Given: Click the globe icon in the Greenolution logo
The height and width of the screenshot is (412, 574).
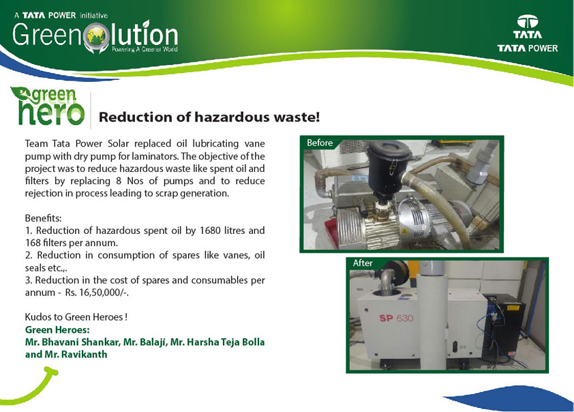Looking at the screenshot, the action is (x=97, y=36).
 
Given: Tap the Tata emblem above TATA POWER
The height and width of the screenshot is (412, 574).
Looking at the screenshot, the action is (x=527, y=22).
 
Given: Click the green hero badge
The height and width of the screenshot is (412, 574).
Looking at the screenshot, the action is (x=48, y=106).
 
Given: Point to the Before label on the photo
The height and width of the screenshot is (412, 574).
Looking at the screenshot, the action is (x=320, y=143).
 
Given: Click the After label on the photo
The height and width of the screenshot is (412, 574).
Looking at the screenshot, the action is (x=363, y=263).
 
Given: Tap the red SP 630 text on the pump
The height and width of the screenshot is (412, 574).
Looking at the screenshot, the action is (x=396, y=318).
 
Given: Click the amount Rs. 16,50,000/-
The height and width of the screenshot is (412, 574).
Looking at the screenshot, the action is (x=97, y=293).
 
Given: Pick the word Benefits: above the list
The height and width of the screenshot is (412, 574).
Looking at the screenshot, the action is (x=43, y=218).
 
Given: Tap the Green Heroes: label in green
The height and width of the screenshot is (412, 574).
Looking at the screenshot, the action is (x=57, y=329).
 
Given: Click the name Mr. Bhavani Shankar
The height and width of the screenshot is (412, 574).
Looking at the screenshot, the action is (x=72, y=342).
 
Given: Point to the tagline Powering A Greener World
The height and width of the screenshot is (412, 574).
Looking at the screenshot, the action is (x=145, y=49).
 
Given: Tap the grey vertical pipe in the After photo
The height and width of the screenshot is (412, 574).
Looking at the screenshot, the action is (x=432, y=315).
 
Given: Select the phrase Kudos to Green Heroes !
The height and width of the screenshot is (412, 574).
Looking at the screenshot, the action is (x=76, y=317).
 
